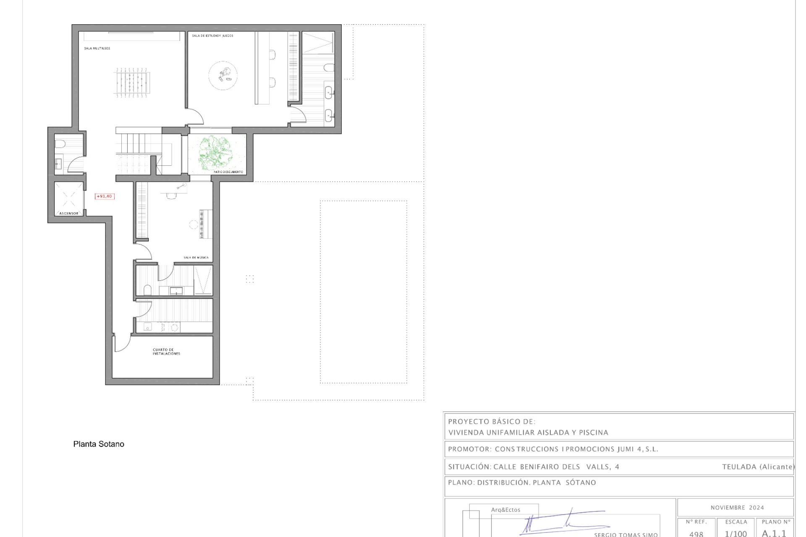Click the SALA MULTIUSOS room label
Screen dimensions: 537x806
tap(97, 49)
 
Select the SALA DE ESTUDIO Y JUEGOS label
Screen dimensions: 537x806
tap(212, 36)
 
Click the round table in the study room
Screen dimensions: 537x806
tap(223, 75)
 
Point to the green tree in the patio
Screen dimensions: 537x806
tap(215, 152)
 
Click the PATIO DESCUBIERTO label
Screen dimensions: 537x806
tap(228, 172)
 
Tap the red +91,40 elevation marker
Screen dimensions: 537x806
tap(105, 196)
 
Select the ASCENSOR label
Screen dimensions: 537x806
tap(69, 214)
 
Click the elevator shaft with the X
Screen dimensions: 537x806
tap(69, 196)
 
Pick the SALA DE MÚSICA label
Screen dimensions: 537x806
tap(196, 258)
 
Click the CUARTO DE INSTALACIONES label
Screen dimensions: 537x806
tap(166, 352)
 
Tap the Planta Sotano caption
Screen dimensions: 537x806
tap(99, 444)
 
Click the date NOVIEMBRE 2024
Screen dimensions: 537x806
tap(737, 508)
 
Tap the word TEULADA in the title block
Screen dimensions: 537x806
tap(739, 467)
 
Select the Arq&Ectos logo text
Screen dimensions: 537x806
tap(505, 510)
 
